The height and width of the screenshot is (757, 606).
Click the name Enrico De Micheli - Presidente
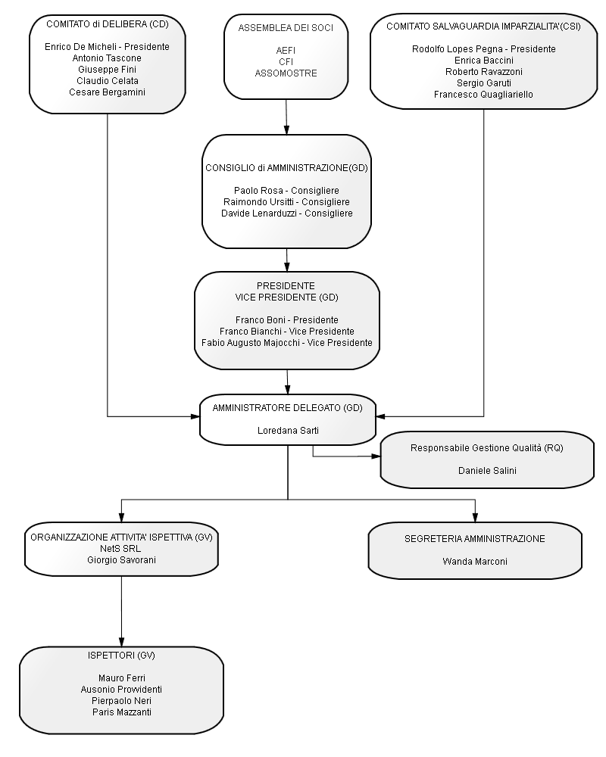tap(107, 47)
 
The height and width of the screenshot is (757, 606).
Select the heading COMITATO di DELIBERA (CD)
tap(108, 24)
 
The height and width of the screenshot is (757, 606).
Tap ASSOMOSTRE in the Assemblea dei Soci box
tap(286, 73)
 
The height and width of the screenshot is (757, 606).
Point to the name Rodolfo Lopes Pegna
tap(458, 49)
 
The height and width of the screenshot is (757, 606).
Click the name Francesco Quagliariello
tap(483, 95)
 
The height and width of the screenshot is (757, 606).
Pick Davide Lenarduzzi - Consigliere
tap(287, 213)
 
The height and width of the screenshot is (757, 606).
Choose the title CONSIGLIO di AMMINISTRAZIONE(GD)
tap(286, 168)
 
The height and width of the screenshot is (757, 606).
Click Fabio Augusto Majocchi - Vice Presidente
tap(287, 343)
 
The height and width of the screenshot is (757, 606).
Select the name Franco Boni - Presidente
tap(287, 320)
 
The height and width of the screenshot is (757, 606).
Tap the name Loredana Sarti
tap(288, 431)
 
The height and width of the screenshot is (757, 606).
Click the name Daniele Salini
tap(487, 471)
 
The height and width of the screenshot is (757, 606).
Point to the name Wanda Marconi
tap(475, 562)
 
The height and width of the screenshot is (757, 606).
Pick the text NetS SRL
tap(120, 549)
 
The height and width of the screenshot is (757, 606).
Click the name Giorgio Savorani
tap(121, 560)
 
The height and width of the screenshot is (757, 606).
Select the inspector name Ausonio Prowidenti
tap(121, 690)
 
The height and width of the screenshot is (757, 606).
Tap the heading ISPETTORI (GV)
tap(121, 656)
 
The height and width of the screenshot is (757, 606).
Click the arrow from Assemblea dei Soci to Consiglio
tap(286, 117)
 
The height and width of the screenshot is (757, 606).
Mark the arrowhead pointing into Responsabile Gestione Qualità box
tap(376, 456)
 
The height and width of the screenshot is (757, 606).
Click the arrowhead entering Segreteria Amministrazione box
tap(475, 517)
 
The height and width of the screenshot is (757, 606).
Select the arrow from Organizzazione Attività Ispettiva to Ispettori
tap(121, 611)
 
